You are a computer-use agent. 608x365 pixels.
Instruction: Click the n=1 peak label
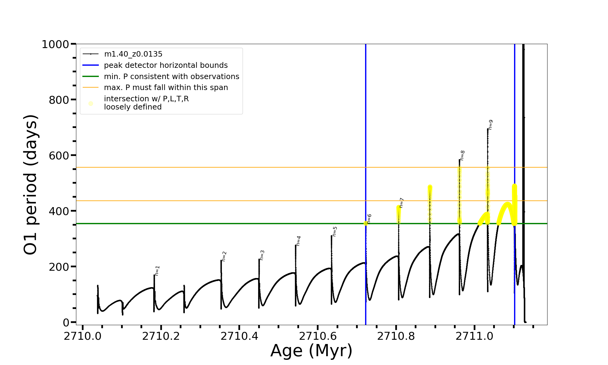(x=157, y=271)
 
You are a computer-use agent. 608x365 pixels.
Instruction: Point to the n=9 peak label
(x=490, y=125)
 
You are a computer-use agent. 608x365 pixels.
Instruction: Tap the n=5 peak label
(x=335, y=231)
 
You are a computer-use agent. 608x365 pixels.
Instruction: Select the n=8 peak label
(x=462, y=155)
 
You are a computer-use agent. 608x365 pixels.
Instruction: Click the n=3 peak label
(x=262, y=255)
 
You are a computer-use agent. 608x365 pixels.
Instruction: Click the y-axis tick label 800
(x=59, y=100)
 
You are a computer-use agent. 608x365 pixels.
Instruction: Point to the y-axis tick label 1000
(x=55, y=44)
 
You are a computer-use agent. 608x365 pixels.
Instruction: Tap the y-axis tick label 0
(x=66, y=322)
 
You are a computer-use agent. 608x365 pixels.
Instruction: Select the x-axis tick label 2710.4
(x=239, y=336)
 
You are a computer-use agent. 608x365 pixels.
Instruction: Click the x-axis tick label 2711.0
(x=475, y=336)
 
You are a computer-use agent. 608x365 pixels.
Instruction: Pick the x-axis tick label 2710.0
(x=83, y=336)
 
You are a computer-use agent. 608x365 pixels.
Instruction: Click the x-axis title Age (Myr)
(x=311, y=351)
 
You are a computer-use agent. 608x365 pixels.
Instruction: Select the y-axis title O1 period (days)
(x=30, y=185)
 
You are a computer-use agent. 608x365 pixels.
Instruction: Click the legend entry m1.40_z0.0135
(x=133, y=54)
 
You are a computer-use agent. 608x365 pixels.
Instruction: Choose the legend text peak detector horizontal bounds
(x=166, y=65)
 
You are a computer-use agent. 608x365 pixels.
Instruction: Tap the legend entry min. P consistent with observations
(x=171, y=77)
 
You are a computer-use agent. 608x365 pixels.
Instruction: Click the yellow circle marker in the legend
(x=91, y=103)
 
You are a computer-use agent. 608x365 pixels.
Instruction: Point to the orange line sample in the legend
(x=91, y=88)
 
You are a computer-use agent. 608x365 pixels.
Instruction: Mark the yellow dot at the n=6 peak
(x=366, y=223)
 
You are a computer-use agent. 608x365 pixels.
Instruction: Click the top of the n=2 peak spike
(x=221, y=261)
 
